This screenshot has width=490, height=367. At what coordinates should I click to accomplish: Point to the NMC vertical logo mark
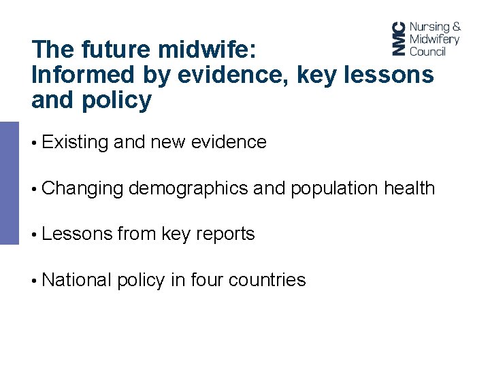click(x=399, y=39)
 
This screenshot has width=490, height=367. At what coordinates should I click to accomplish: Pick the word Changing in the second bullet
click(x=82, y=188)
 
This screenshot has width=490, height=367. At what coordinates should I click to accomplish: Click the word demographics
click(x=188, y=188)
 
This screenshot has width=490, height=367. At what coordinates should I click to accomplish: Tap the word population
click(x=333, y=188)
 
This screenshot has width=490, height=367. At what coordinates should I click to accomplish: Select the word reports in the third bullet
click(x=225, y=234)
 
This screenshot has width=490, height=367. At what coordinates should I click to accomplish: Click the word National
click(x=76, y=279)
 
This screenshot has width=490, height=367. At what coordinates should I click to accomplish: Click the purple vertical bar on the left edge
click(x=10, y=182)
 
